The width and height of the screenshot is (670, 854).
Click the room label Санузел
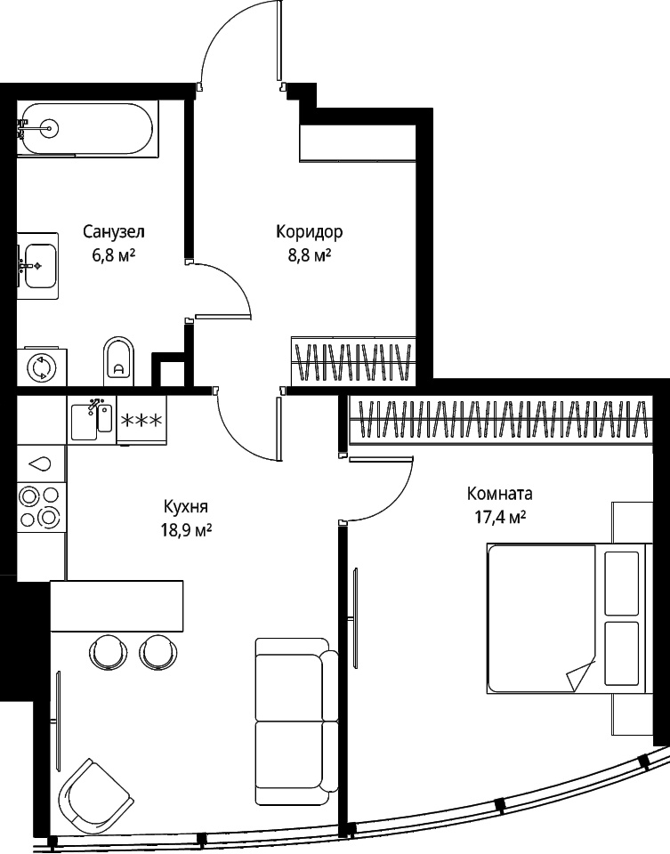[114, 232]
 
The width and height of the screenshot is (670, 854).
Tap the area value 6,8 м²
[114, 255]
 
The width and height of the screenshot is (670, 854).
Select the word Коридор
[310, 232]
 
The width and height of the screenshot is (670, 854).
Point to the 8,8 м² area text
[310, 255]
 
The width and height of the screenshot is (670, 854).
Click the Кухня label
[186, 508]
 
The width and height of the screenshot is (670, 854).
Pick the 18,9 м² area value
[186, 530]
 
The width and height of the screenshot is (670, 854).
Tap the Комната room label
[499, 494]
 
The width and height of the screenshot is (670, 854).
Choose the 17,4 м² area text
[499, 517]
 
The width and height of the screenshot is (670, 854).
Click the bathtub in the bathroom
[87, 128]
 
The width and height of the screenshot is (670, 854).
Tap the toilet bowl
[118, 361]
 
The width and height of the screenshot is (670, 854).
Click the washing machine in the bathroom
[42, 367]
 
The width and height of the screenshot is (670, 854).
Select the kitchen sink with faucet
[92, 419]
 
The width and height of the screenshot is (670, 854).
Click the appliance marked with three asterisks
[141, 420]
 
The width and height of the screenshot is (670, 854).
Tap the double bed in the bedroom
[569, 619]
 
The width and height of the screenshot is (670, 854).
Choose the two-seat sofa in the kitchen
[296, 721]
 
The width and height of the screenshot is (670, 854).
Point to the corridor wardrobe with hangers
[353, 360]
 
